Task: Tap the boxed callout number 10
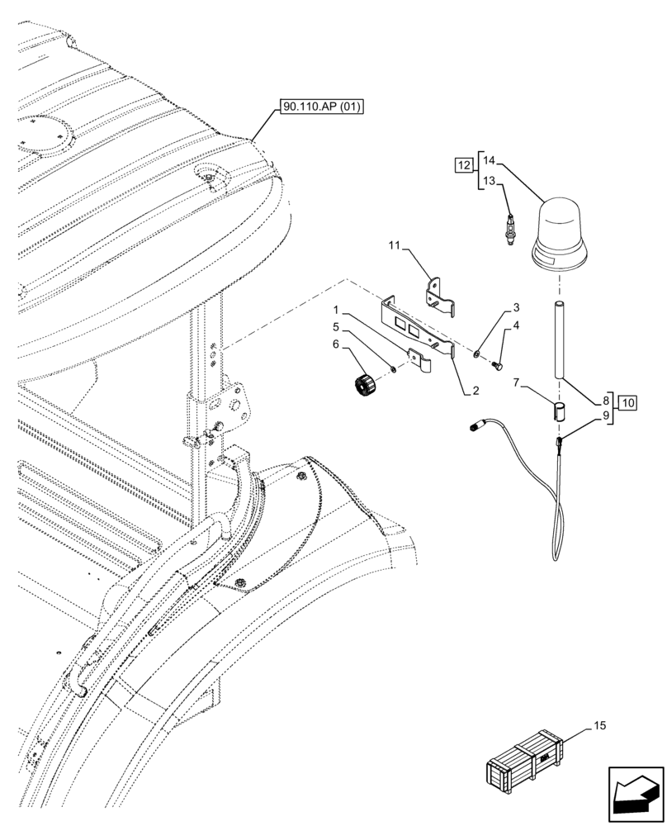point(628,403)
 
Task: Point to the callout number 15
point(600,725)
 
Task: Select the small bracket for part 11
point(442,296)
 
